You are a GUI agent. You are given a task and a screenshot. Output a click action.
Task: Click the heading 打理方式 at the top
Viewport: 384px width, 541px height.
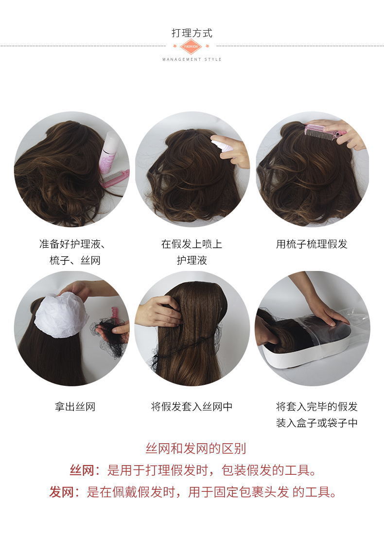click(x=192, y=33)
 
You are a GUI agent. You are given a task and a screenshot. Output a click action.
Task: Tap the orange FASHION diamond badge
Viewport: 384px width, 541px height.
click(x=191, y=46)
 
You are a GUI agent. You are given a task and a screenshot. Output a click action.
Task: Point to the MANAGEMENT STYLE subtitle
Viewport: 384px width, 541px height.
click(x=192, y=59)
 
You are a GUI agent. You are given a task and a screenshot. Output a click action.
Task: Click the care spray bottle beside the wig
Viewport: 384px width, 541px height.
click(x=108, y=153)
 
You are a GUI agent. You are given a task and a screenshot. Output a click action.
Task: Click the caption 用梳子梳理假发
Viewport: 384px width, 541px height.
click(x=312, y=244)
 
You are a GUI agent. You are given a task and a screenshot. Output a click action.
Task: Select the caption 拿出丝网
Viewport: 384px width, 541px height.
click(x=75, y=407)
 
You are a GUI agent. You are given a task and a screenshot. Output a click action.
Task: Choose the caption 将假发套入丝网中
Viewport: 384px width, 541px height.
click(x=192, y=407)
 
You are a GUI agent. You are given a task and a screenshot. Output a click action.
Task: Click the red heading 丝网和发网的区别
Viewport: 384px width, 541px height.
click(x=196, y=449)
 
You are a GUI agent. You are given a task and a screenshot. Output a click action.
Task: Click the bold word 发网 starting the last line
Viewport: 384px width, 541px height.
click(x=61, y=492)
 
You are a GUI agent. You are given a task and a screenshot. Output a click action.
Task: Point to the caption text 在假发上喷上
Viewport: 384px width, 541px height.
click(x=192, y=244)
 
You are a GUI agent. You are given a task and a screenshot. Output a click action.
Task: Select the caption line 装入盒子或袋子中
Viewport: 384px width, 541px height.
click(x=316, y=423)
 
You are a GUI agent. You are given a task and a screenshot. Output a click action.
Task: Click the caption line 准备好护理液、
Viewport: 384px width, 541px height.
click(x=72, y=244)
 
